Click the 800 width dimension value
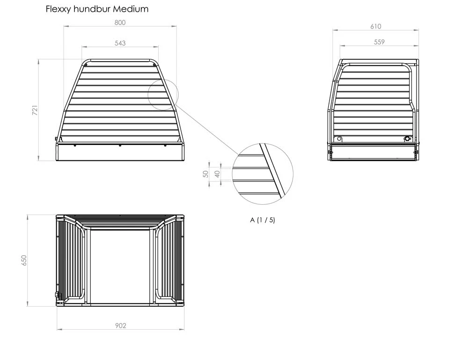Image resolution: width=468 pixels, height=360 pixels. pyautogui.click(x=120, y=22)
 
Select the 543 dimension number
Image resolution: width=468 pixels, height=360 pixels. pyautogui.click(x=120, y=43)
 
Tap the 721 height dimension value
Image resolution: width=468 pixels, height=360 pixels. pyautogui.click(x=35, y=110)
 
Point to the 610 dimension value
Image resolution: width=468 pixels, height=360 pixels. pyautogui.click(x=376, y=27)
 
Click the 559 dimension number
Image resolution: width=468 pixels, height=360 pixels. pyautogui.click(x=379, y=42)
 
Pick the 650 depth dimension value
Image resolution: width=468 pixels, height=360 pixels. pyautogui.click(x=24, y=260)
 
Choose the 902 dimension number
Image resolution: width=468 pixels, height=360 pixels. pyautogui.click(x=121, y=325)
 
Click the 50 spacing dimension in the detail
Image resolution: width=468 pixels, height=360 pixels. pyautogui.click(x=205, y=174)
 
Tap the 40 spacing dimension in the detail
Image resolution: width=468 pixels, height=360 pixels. pyautogui.click(x=217, y=174)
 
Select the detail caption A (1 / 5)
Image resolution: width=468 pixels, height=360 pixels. pyautogui.click(x=263, y=220)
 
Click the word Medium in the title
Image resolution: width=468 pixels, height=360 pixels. pyautogui.click(x=131, y=9)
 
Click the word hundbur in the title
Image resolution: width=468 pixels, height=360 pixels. pyautogui.click(x=92, y=9)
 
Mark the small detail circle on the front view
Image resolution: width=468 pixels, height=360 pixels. pyautogui.click(x=163, y=94)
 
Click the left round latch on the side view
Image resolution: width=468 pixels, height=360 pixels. pyautogui.click(x=339, y=139)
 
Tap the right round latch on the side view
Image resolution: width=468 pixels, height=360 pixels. pyautogui.click(x=408, y=139)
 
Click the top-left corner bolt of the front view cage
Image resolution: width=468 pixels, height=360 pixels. pyautogui.click(x=86, y=65)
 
